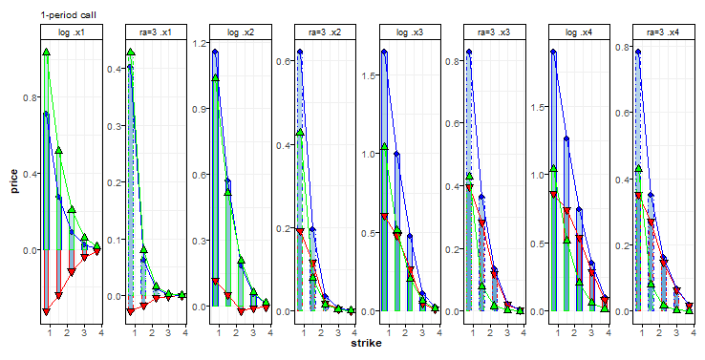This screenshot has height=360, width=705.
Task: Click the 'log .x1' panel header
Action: tap(70, 32)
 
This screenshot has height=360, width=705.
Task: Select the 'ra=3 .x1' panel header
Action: tap(155, 32)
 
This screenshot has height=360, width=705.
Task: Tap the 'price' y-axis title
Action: tap(15, 180)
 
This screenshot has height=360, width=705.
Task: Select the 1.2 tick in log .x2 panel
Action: tap(202, 44)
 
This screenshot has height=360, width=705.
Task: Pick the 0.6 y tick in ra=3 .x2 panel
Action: tap(285, 62)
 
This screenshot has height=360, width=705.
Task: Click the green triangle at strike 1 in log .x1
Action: tap(46, 52)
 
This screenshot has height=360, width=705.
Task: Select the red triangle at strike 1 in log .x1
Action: tap(46, 312)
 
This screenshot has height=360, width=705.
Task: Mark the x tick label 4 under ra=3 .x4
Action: tap(690, 332)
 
